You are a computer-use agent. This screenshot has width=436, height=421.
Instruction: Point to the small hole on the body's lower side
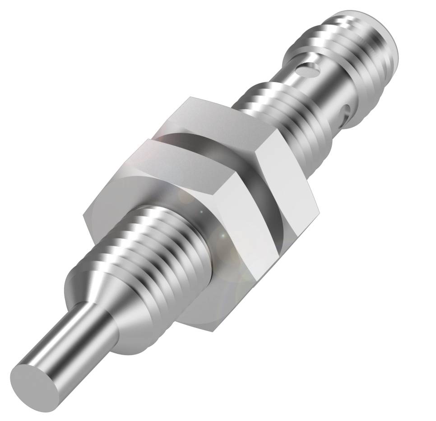coord(346,111)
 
